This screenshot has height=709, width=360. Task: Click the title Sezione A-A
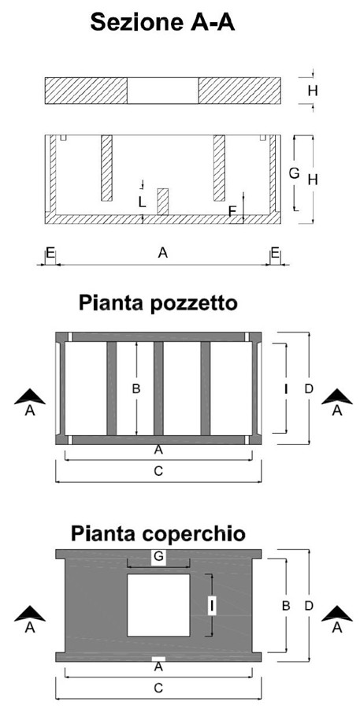tap(162, 22)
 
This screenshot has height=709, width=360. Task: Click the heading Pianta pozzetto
tap(158, 303)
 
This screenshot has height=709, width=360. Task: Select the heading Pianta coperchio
tap(158, 533)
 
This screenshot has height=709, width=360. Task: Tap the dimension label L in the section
tap(143, 202)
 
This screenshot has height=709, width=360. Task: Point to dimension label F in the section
tap(232, 211)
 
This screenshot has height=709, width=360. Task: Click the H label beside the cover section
tap(313, 91)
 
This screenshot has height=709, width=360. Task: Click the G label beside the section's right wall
tap(295, 173)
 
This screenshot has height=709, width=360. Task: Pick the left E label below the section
tap(50, 253)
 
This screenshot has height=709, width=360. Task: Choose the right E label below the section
tap(275, 253)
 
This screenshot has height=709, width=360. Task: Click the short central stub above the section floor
tap(163, 202)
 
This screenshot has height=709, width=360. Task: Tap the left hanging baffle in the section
tap(106, 168)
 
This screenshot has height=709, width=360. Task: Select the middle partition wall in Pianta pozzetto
tap(158, 388)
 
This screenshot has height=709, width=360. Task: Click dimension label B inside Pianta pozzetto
tap(135, 388)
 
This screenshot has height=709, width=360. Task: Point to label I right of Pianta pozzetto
tap(286, 388)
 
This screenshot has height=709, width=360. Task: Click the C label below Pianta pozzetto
tap(158, 471)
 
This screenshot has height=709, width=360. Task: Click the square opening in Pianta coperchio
tap(158, 605)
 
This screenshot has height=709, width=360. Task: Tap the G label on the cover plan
tap(158, 557)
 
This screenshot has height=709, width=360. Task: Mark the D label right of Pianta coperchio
tap(309, 606)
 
